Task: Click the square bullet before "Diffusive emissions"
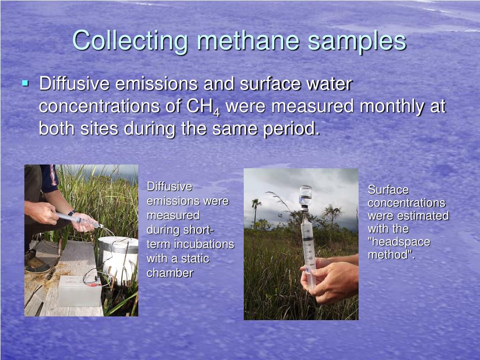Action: (25, 84)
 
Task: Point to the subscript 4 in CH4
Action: (217, 112)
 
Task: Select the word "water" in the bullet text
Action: (326, 84)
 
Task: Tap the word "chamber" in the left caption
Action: (170, 273)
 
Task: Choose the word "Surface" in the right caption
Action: (388, 190)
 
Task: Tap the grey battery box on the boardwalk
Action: (80, 291)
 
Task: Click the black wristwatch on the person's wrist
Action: (72, 213)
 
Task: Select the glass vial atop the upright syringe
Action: (306, 195)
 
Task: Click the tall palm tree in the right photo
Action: (256, 209)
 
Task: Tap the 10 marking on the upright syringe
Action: (308, 232)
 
